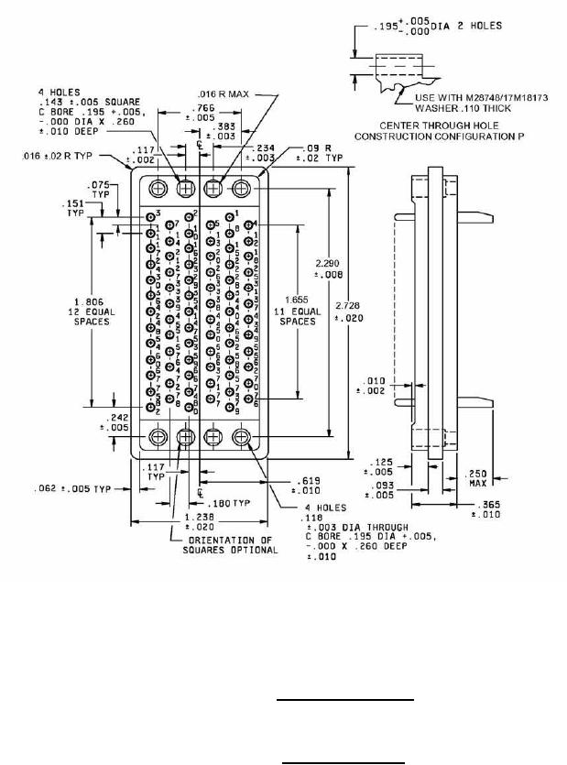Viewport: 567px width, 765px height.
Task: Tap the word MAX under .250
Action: [478, 482]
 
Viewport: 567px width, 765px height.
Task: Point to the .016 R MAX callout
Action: [223, 93]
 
